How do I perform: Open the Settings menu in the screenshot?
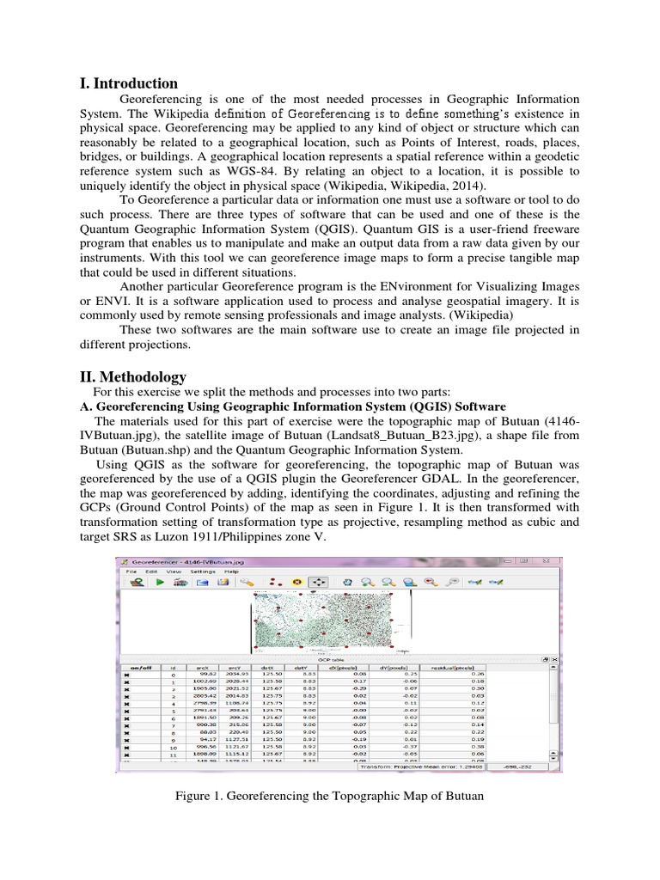(x=203, y=571)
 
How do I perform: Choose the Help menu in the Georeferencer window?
(x=231, y=571)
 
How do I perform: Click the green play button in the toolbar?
(x=159, y=582)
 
